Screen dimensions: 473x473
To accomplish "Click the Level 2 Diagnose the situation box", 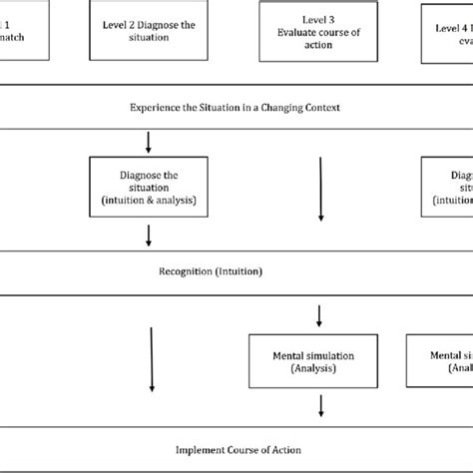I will tap(150, 29).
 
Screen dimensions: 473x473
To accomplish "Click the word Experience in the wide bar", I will tap(161, 107).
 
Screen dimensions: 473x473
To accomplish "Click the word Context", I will tap(319, 107).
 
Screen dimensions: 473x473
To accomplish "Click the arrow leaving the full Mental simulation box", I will tap(320, 405).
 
